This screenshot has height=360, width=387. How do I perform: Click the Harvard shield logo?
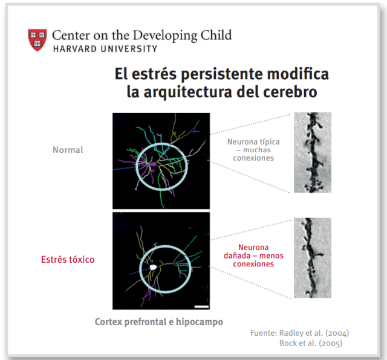(37, 39)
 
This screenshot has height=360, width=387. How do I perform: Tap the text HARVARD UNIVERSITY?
(105, 48)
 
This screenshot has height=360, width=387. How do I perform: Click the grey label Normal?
(68, 150)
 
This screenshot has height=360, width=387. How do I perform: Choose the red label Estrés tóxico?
(68, 259)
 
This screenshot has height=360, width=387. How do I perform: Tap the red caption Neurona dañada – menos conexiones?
(253, 256)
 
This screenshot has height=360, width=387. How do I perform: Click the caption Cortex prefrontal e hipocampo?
(159, 322)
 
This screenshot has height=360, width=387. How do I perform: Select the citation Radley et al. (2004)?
(316, 333)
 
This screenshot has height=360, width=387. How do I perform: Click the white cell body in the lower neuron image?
(154, 266)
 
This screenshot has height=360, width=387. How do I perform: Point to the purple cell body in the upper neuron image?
(154, 163)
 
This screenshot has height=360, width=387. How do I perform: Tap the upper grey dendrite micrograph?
(312, 152)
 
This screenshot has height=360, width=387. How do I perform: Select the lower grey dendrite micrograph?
(312, 258)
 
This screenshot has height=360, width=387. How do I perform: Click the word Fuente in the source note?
(263, 333)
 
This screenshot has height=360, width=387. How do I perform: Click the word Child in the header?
(215, 34)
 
